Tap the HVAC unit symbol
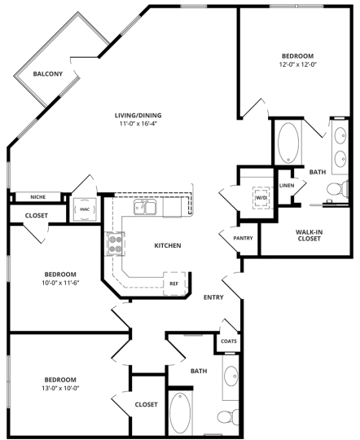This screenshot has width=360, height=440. coord(84,209)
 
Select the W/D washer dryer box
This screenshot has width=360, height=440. coord(261,197)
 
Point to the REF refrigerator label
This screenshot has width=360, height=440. coord(173,284)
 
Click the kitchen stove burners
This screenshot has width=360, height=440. coord(114,242)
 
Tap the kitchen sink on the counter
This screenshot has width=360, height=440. coord(147,209)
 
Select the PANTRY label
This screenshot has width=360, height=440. coord(243,238)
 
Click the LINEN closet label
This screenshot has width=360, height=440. coord(286,186)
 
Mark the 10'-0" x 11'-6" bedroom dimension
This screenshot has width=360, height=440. coord(61,283)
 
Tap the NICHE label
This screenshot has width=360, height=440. coord(37,196)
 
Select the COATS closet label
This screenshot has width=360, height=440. coord(228,341)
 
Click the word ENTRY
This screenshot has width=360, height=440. coord(213,297)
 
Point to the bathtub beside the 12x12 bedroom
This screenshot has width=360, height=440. coord(288,143)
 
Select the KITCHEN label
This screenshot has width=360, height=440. coord(167,245)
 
